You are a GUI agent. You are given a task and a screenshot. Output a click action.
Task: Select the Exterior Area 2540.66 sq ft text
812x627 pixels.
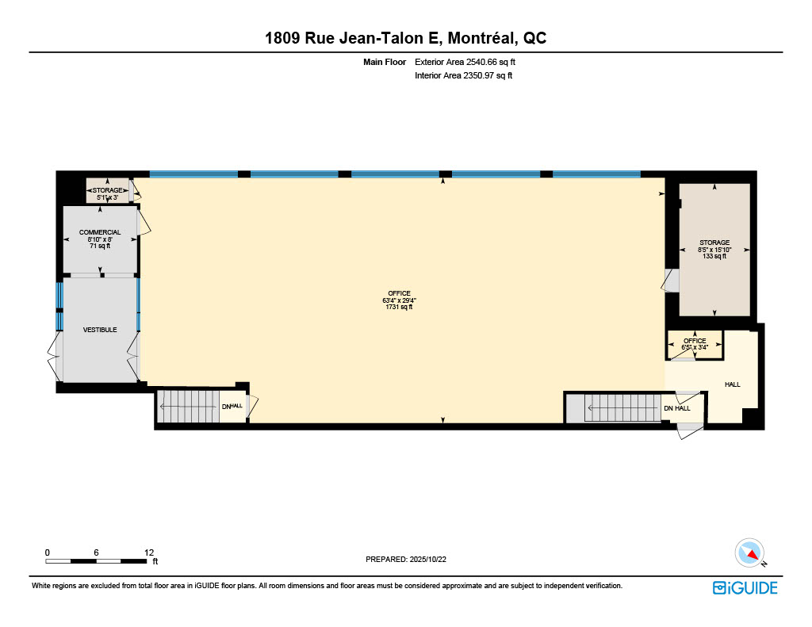coord(465,62)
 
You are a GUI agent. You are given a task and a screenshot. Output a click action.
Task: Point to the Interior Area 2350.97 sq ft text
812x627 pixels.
coord(463,75)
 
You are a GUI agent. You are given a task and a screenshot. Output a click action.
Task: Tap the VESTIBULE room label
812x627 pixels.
coord(100,330)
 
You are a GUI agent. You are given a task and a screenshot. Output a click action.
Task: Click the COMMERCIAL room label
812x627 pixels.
coord(100,232)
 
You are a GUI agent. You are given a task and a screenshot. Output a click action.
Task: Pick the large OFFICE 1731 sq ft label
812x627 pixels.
coord(400,300)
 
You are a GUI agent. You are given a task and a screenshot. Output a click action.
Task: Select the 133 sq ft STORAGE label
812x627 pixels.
coord(714,249)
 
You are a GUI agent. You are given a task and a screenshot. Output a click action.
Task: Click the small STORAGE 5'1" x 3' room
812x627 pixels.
coord(107,190)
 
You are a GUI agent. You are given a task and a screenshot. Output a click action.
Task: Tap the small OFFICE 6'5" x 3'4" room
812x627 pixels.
coord(695,344)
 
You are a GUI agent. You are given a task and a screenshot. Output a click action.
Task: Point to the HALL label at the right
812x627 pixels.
coord(732,384)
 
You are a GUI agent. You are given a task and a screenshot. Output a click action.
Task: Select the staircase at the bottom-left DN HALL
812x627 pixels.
coord(189,407)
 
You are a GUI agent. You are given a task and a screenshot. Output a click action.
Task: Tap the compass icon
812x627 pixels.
coord(750,553)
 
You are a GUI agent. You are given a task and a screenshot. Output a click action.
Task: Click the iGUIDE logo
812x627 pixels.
coord(745,588)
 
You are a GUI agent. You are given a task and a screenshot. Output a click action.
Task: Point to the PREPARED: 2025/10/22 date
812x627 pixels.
coord(406,559)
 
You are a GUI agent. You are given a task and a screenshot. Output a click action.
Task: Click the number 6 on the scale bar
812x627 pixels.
coord(96,552)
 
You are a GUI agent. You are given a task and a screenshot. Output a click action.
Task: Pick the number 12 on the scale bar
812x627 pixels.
coord(149,552)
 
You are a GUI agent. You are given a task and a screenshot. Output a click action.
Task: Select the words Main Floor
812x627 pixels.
coord(385,62)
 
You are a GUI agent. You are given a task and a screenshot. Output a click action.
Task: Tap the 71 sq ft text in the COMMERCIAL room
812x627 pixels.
coord(100,246)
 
